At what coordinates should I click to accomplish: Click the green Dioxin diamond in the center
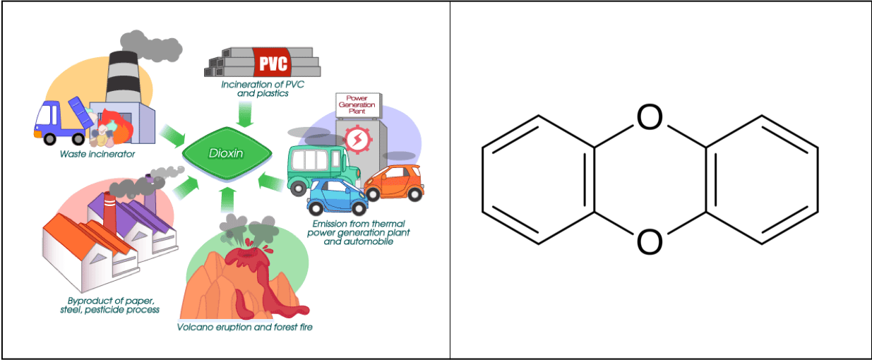point(227,153)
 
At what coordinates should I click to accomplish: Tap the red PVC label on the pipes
point(273,62)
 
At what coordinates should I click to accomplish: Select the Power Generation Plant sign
point(358,105)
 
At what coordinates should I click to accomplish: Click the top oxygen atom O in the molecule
point(650,116)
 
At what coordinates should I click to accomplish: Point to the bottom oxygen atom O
point(650,241)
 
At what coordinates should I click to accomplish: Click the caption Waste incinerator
point(97,154)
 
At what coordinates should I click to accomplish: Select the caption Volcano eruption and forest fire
point(244,328)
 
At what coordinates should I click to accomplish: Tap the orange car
point(394,182)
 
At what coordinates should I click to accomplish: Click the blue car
point(337,196)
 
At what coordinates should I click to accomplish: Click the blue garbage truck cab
point(48,118)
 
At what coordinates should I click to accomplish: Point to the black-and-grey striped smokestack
point(123,77)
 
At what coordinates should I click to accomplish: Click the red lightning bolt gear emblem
point(357,139)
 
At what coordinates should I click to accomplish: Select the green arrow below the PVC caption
point(245,114)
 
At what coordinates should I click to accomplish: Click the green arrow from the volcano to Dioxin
point(228,200)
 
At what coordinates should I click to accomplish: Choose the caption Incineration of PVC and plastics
point(263,89)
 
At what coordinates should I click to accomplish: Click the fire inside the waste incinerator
point(115,126)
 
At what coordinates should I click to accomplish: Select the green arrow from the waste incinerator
point(172,136)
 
